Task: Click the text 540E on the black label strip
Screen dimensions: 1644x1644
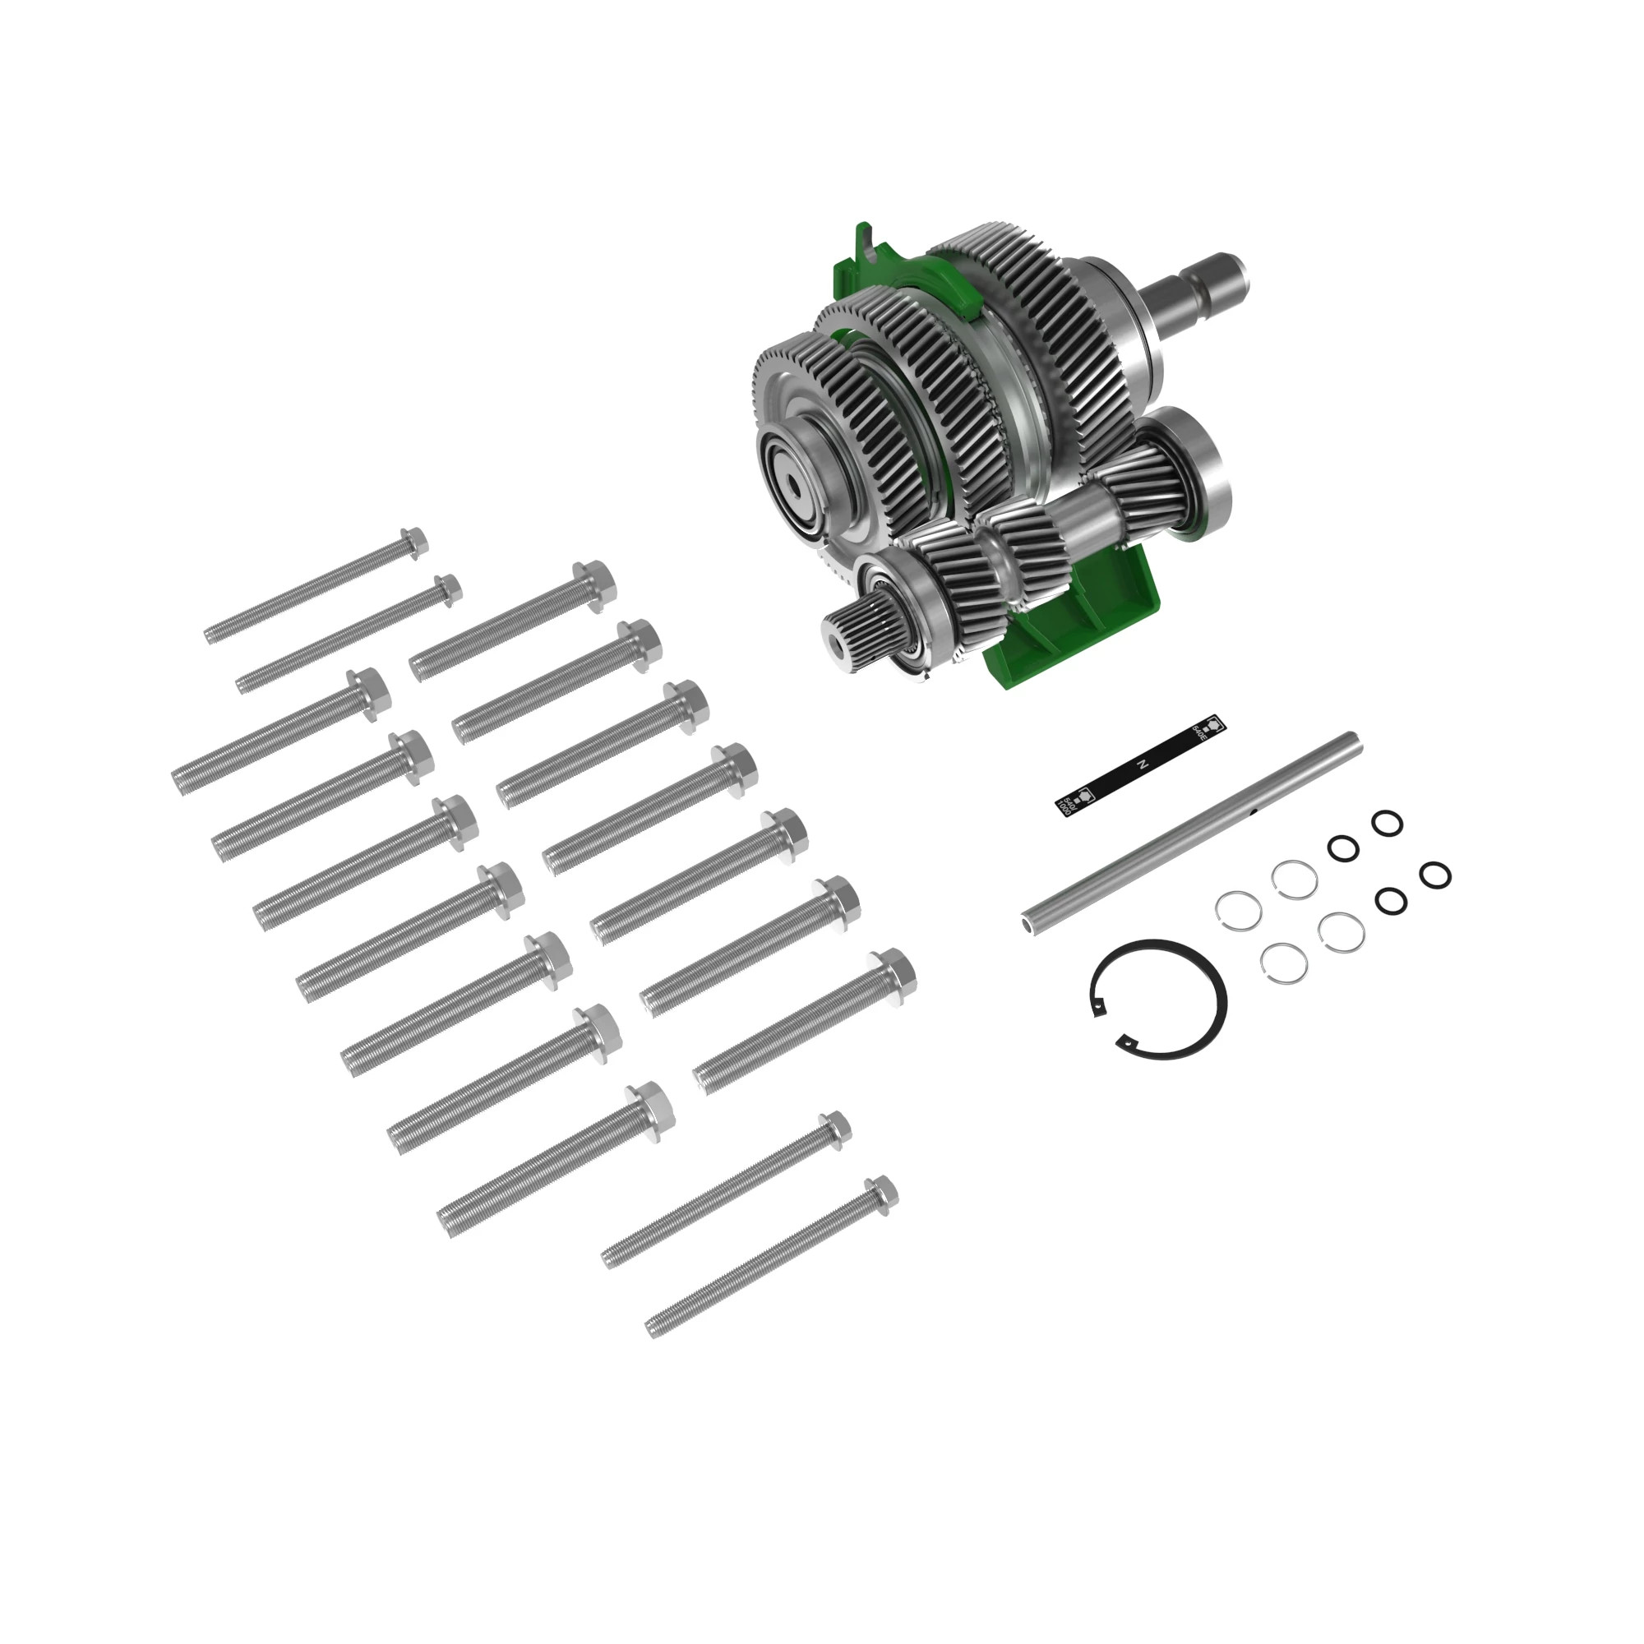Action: pos(1202,732)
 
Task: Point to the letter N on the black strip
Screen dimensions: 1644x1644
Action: pos(1143,765)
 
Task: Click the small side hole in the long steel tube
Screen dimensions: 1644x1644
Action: pos(1254,814)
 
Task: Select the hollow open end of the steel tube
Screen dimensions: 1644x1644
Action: pos(1028,920)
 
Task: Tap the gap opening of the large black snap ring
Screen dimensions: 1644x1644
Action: pos(1106,1023)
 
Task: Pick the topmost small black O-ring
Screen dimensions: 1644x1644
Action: pos(1387,823)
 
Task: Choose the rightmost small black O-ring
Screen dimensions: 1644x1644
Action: pos(1434,874)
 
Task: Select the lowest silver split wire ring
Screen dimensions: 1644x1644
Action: pos(1283,963)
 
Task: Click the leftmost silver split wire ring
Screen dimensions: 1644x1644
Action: pos(1237,912)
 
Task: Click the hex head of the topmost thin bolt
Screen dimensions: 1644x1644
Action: pos(413,542)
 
